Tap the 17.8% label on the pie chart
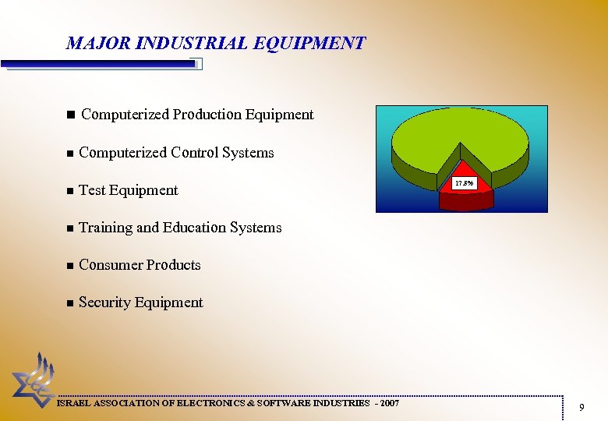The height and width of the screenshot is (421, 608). click(x=464, y=184)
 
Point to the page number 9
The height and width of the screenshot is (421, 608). click(x=581, y=406)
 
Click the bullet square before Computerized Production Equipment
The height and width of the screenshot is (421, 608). click(x=70, y=115)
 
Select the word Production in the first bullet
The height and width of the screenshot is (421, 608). click(x=207, y=115)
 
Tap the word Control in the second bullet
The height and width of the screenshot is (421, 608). click(x=195, y=153)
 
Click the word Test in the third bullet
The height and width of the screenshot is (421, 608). click(x=92, y=190)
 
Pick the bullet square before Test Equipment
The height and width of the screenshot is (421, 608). click(x=70, y=191)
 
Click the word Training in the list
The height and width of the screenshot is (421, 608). click(x=105, y=228)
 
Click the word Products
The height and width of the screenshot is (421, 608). click(x=172, y=265)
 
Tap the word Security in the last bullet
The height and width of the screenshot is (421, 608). click(x=104, y=302)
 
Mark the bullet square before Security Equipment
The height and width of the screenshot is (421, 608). click(x=70, y=303)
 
